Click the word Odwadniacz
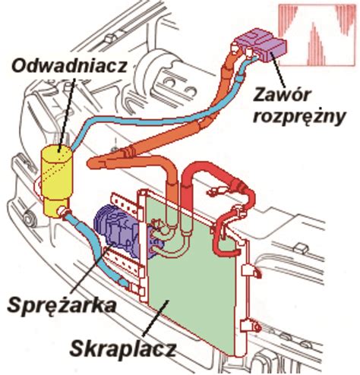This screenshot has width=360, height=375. (x=68, y=68)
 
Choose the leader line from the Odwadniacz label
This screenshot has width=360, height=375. (x=64, y=114)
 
